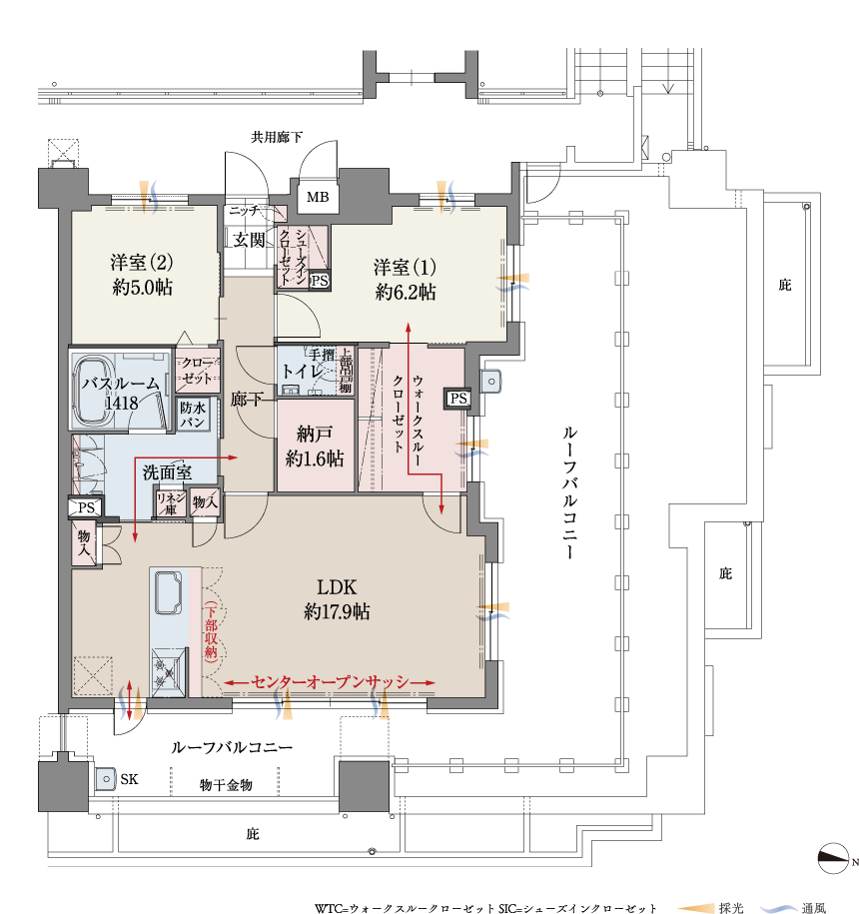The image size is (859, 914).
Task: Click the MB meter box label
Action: pyautogui.click(x=318, y=197)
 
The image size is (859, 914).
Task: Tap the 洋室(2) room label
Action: pyautogui.click(x=142, y=263)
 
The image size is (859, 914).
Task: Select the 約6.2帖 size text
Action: pyautogui.click(x=406, y=292)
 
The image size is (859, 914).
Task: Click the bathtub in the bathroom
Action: pyautogui.click(x=95, y=392)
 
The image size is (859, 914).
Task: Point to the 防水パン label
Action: pyautogui.click(x=193, y=415)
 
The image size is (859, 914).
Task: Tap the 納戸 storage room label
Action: pyautogui.click(x=315, y=434)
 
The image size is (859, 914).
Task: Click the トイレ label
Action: pyautogui.click(x=302, y=371)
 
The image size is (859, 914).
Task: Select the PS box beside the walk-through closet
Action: pyautogui.click(x=458, y=399)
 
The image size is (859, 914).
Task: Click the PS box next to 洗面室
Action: pyautogui.click(x=86, y=507)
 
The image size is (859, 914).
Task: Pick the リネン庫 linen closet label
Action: pyautogui.click(x=171, y=502)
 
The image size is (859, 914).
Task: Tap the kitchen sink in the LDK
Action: pyautogui.click(x=169, y=592)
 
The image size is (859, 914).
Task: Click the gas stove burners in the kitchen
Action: pyautogui.click(x=169, y=672)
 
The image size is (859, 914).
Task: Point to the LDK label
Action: pyautogui.click(x=337, y=587)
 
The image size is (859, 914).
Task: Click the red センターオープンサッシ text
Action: pyautogui.click(x=330, y=682)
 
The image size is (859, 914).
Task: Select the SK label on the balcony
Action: pyautogui.click(x=130, y=779)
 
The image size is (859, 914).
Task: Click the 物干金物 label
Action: pyautogui.click(x=226, y=785)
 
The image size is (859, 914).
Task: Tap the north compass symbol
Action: pyautogui.click(x=833, y=859)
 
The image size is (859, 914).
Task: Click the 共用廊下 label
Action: pyautogui.click(x=277, y=137)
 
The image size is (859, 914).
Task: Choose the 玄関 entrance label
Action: pyautogui.click(x=250, y=240)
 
